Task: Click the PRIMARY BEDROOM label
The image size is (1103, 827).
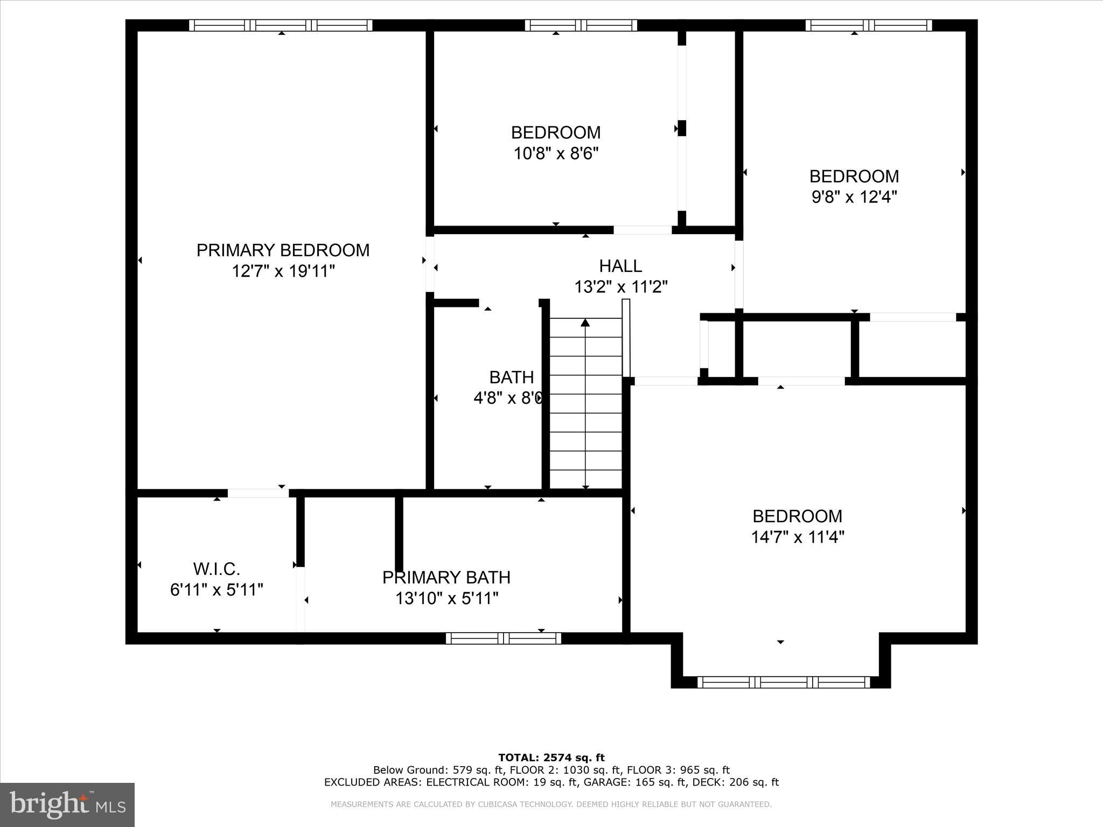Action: point(283,250)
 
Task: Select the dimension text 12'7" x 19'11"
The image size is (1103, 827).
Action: point(283,271)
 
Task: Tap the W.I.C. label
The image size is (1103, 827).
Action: point(217,569)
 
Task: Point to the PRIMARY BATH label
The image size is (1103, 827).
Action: point(446,577)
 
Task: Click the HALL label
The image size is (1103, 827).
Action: point(620,266)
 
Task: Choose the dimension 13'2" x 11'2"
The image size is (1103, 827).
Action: point(620,287)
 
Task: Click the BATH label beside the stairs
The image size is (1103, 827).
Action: point(511,377)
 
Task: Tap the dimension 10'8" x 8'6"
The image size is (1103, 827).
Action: point(556,153)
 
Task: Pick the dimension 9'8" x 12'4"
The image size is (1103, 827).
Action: point(854,197)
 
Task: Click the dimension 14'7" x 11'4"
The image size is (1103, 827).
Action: point(797,537)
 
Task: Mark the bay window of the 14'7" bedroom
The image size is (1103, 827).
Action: point(784,682)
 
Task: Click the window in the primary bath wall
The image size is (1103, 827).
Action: point(504,639)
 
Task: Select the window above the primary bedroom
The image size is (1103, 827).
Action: point(281,25)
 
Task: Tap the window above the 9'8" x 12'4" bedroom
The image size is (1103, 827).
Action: point(868,25)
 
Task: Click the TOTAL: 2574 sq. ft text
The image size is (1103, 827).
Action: point(551,758)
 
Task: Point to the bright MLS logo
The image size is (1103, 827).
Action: point(67,804)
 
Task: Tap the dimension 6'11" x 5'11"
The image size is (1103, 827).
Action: point(217,590)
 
